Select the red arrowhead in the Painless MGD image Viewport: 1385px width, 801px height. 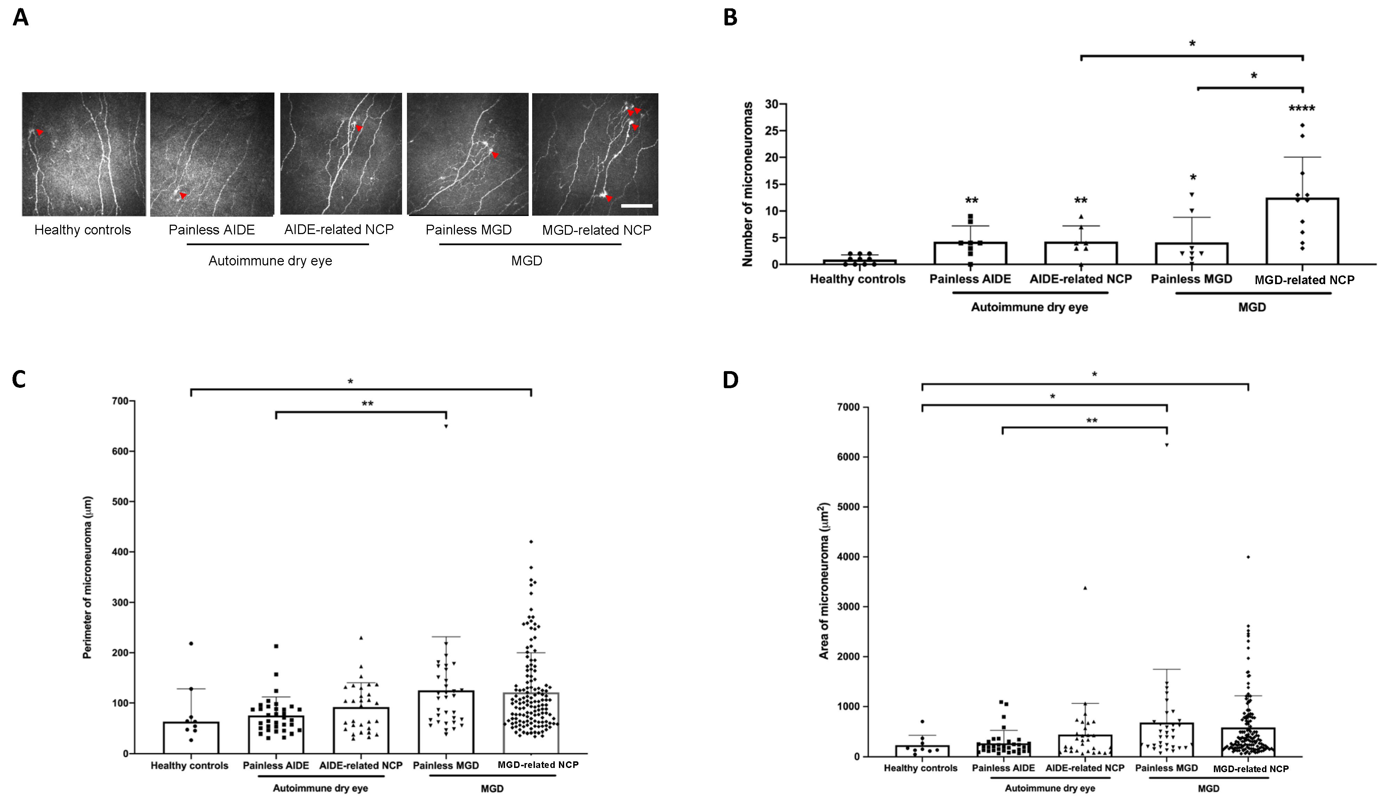495,155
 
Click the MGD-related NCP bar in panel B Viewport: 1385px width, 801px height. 1302,231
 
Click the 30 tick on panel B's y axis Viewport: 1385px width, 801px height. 772,104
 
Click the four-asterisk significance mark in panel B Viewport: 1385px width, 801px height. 1302,109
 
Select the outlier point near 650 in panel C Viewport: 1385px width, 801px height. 446,426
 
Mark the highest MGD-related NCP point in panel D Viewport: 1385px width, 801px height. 1248,557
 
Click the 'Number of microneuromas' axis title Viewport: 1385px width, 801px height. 747,184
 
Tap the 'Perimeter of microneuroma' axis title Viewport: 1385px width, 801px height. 87,577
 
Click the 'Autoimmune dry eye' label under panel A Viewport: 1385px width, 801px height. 270,261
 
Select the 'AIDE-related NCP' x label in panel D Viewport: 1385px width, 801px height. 1084,768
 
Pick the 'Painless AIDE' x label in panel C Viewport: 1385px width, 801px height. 275,765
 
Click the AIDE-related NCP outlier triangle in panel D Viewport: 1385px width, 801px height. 1085,588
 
